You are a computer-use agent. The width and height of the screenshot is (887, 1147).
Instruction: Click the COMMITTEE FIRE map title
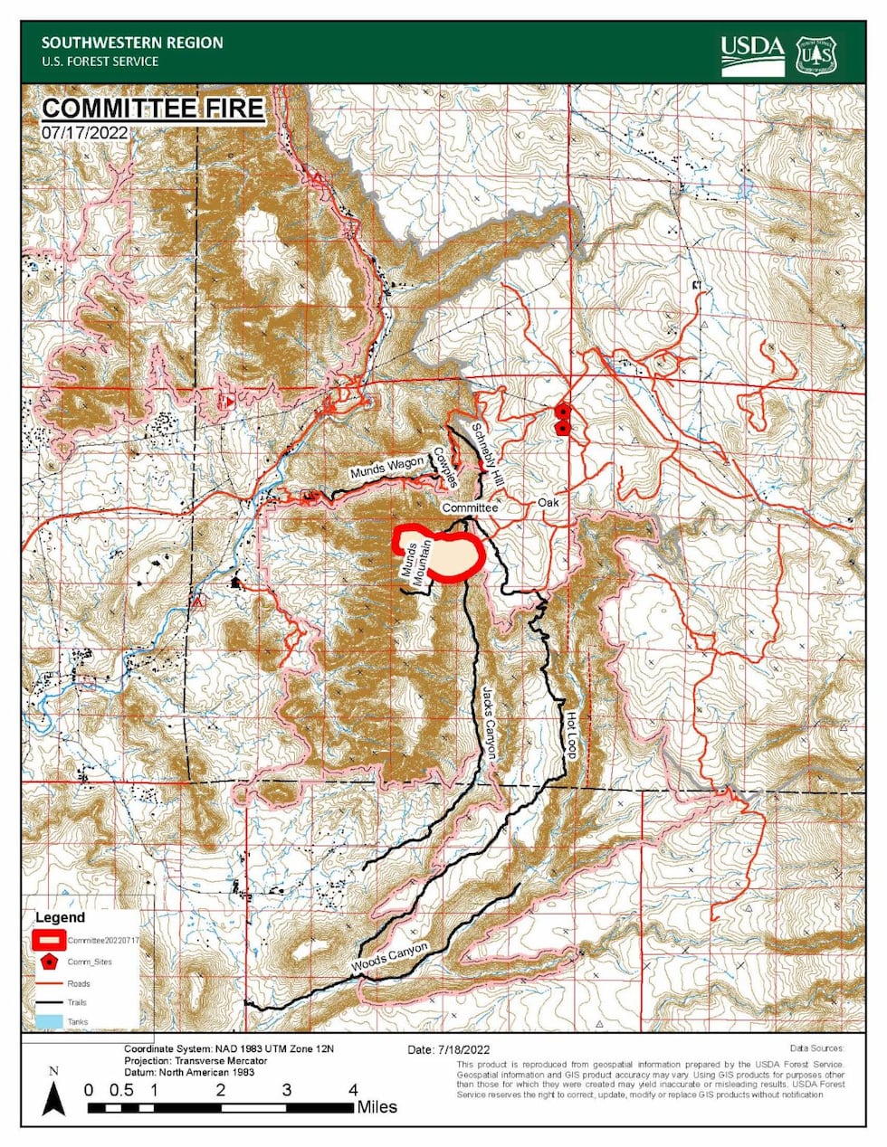[x=153, y=109]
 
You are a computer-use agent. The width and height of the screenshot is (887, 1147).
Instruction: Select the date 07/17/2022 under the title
[x=84, y=132]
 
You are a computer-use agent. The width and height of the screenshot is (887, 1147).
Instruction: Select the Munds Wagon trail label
[x=387, y=468]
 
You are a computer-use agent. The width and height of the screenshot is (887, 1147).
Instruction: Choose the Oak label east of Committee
[x=548, y=502]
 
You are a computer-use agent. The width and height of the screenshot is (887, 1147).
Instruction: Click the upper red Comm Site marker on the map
[x=563, y=412]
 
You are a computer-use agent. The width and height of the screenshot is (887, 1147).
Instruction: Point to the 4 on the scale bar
[x=353, y=1090]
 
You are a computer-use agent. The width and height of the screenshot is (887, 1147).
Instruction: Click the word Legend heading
[x=60, y=917]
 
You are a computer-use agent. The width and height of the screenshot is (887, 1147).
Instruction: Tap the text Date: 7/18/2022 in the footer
[x=448, y=1049]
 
